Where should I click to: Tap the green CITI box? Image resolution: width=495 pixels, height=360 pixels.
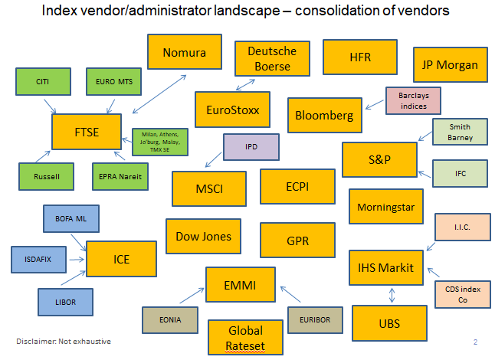tap(42, 81)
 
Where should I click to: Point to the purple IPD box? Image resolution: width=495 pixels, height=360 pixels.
tap(251, 146)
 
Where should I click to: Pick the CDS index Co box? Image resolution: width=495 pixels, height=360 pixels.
tap(462, 295)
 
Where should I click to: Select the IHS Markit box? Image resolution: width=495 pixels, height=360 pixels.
tap(385, 267)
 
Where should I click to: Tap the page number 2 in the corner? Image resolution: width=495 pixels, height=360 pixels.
tap(475, 342)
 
